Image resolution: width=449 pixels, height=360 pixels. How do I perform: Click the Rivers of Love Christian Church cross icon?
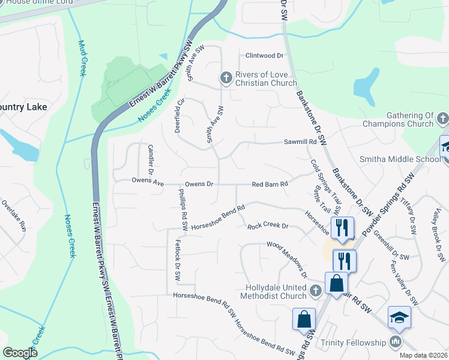(x=226, y=78)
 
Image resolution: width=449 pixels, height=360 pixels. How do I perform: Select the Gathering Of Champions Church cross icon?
(x=442, y=119)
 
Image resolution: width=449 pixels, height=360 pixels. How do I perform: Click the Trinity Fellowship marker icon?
(x=395, y=343)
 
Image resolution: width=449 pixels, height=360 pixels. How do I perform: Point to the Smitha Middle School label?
(x=400, y=159)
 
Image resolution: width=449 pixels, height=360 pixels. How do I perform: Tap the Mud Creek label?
(x=82, y=58)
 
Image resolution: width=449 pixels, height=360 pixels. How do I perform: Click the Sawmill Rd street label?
(x=300, y=142)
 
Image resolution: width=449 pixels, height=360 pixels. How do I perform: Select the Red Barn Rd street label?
(x=270, y=184)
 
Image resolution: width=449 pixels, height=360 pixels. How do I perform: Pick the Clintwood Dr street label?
(x=264, y=56)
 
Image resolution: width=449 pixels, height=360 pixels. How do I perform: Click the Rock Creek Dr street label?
(x=268, y=226)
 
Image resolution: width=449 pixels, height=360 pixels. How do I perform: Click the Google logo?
(x=20, y=353)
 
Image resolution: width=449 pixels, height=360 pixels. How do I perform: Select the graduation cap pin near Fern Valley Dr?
(x=399, y=317)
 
